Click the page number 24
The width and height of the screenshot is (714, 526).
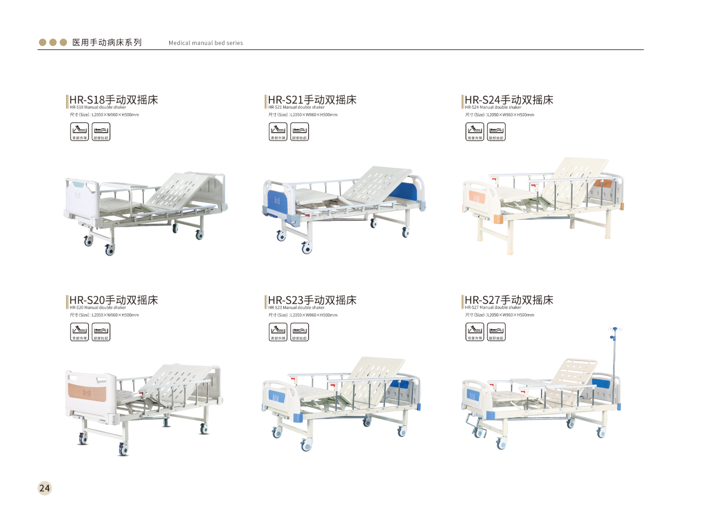point(45,488)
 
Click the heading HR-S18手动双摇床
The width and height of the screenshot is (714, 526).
point(114,100)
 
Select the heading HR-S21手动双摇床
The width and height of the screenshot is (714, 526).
point(312,100)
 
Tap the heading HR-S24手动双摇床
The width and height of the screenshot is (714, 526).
point(509,100)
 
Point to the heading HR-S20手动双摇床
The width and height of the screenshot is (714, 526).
point(114,300)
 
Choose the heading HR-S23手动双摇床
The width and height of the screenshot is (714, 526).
point(312,300)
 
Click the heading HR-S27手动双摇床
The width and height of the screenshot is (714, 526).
point(509,300)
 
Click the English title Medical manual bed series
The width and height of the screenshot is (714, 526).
point(206,43)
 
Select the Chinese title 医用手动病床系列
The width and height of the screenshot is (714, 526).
point(107,42)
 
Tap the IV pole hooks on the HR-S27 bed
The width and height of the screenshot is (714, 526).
point(615,329)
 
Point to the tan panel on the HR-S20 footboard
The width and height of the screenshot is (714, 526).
point(86,393)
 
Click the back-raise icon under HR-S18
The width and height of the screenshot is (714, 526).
point(80,131)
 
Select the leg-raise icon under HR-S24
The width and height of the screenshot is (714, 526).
point(497,131)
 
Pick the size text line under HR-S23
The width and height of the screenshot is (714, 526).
point(303,315)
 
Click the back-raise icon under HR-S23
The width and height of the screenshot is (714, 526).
point(278,332)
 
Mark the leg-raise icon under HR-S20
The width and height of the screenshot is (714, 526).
point(101,332)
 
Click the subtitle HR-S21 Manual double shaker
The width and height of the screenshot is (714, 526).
point(297,107)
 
